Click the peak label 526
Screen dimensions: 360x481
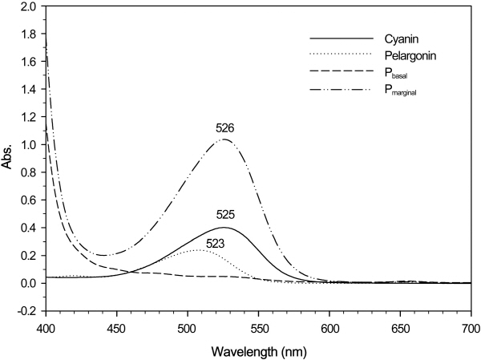pos(224,127)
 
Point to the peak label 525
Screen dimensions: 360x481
pos(224,215)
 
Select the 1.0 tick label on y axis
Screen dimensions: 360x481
pos(30,145)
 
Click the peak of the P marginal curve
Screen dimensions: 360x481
pos(224,140)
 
